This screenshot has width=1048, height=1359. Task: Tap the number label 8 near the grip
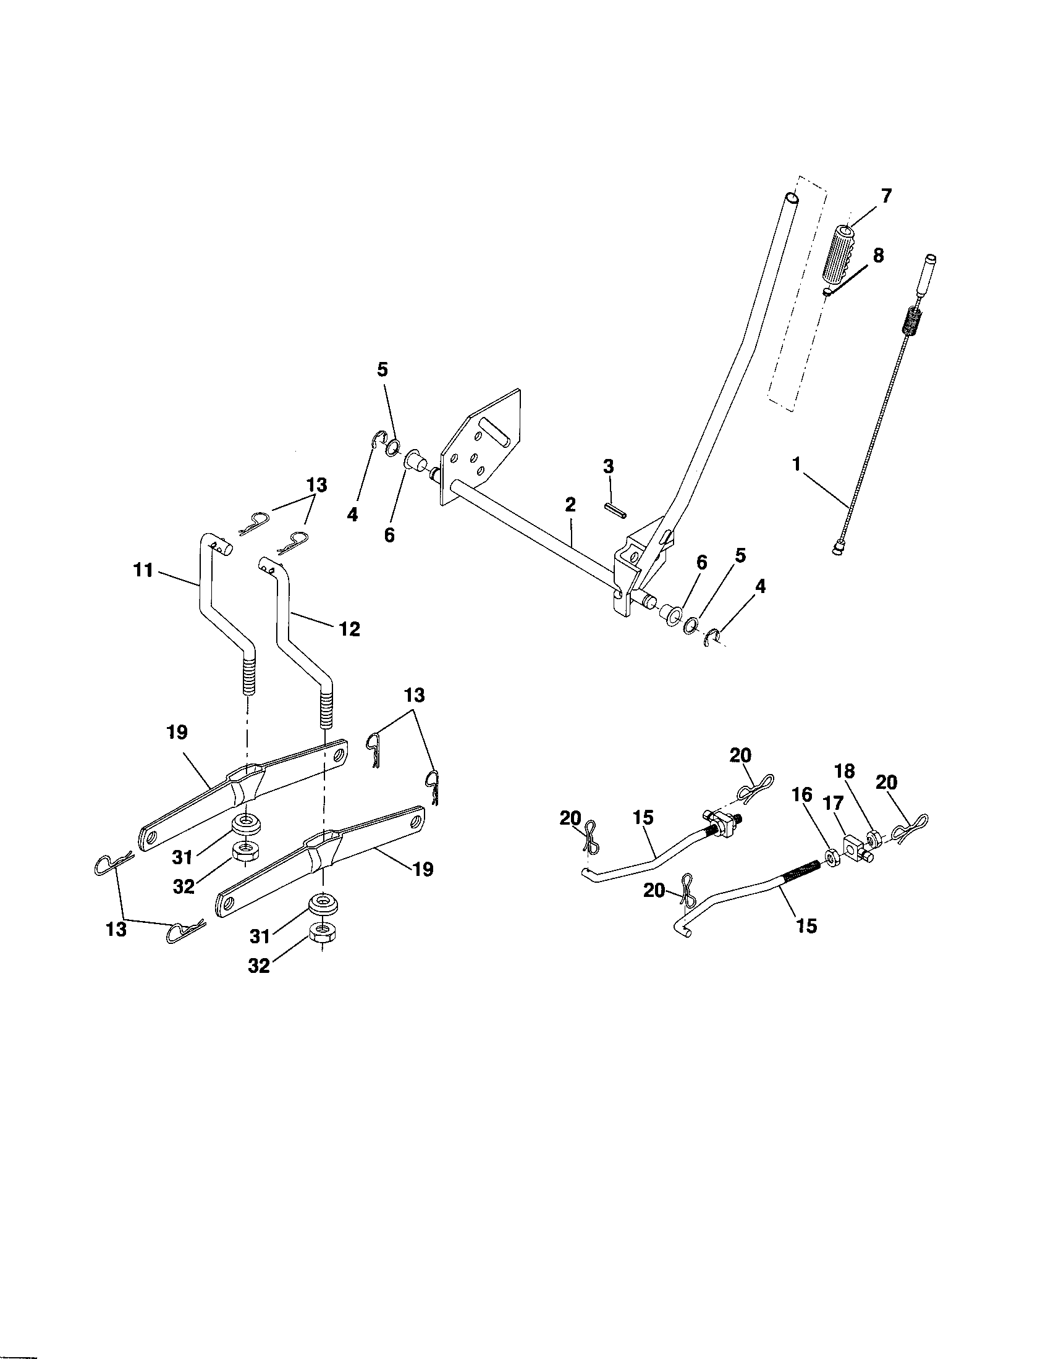coord(878,256)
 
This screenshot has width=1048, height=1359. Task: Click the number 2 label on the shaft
coord(570,505)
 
